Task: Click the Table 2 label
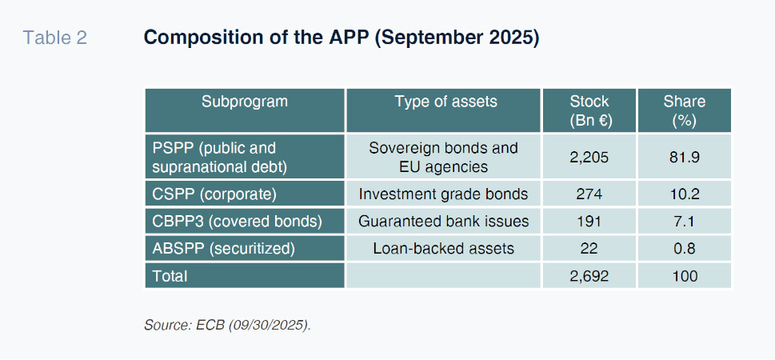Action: pyautogui.click(x=55, y=38)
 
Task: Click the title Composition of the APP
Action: pyautogui.click(x=342, y=38)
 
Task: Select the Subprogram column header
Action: pyautogui.click(x=244, y=102)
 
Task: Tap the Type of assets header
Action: pyautogui.click(x=445, y=102)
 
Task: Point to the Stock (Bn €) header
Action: pyautogui.click(x=589, y=110)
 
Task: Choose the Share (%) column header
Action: pyautogui.click(x=685, y=110)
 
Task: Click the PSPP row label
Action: pyautogui.click(x=220, y=158)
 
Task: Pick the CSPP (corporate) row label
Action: pyautogui.click(x=214, y=194)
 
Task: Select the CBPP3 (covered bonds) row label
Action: pyautogui.click(x=238, y=221)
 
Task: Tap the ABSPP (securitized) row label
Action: pyautogui.click(x=223, y=248)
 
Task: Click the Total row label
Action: pyautogui.click(x=170, y=275)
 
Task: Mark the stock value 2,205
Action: pyautogui.click(x=589, y=158)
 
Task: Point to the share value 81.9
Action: pyautogui.click(x=685, y=158)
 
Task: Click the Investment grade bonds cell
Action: pyautogui.click(x=443, y=194)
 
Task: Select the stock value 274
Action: pyautogui.click(x=589, y=194)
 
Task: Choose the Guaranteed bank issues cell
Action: pyautogui.click(x=443, y=221)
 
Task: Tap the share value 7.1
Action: pyautogui.click(x=685, y=221)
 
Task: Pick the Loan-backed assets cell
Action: pyautogui.click(x=443, y=248)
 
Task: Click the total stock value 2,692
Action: pyautogui.click(x=589, y=275)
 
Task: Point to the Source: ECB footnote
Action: pyautogui.click(x=227, y=325)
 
